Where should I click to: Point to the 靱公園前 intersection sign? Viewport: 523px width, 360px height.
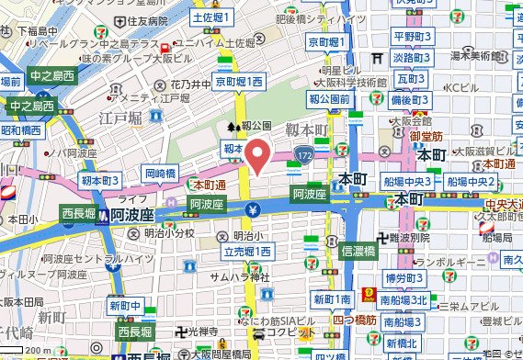[330, 98]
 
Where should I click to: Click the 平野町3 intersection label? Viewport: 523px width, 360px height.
[413, 37]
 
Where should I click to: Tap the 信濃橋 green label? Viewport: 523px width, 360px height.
[360, 249]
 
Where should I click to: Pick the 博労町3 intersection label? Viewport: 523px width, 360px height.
[404, 276]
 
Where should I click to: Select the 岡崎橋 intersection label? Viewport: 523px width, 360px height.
[160, 173]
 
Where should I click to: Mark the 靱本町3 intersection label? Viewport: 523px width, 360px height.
[100, 181]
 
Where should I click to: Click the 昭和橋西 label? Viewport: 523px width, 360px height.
[20, 130]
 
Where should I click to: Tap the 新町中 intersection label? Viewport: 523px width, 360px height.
[125, 306]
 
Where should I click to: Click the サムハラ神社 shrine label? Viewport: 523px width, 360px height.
[238, 276]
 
